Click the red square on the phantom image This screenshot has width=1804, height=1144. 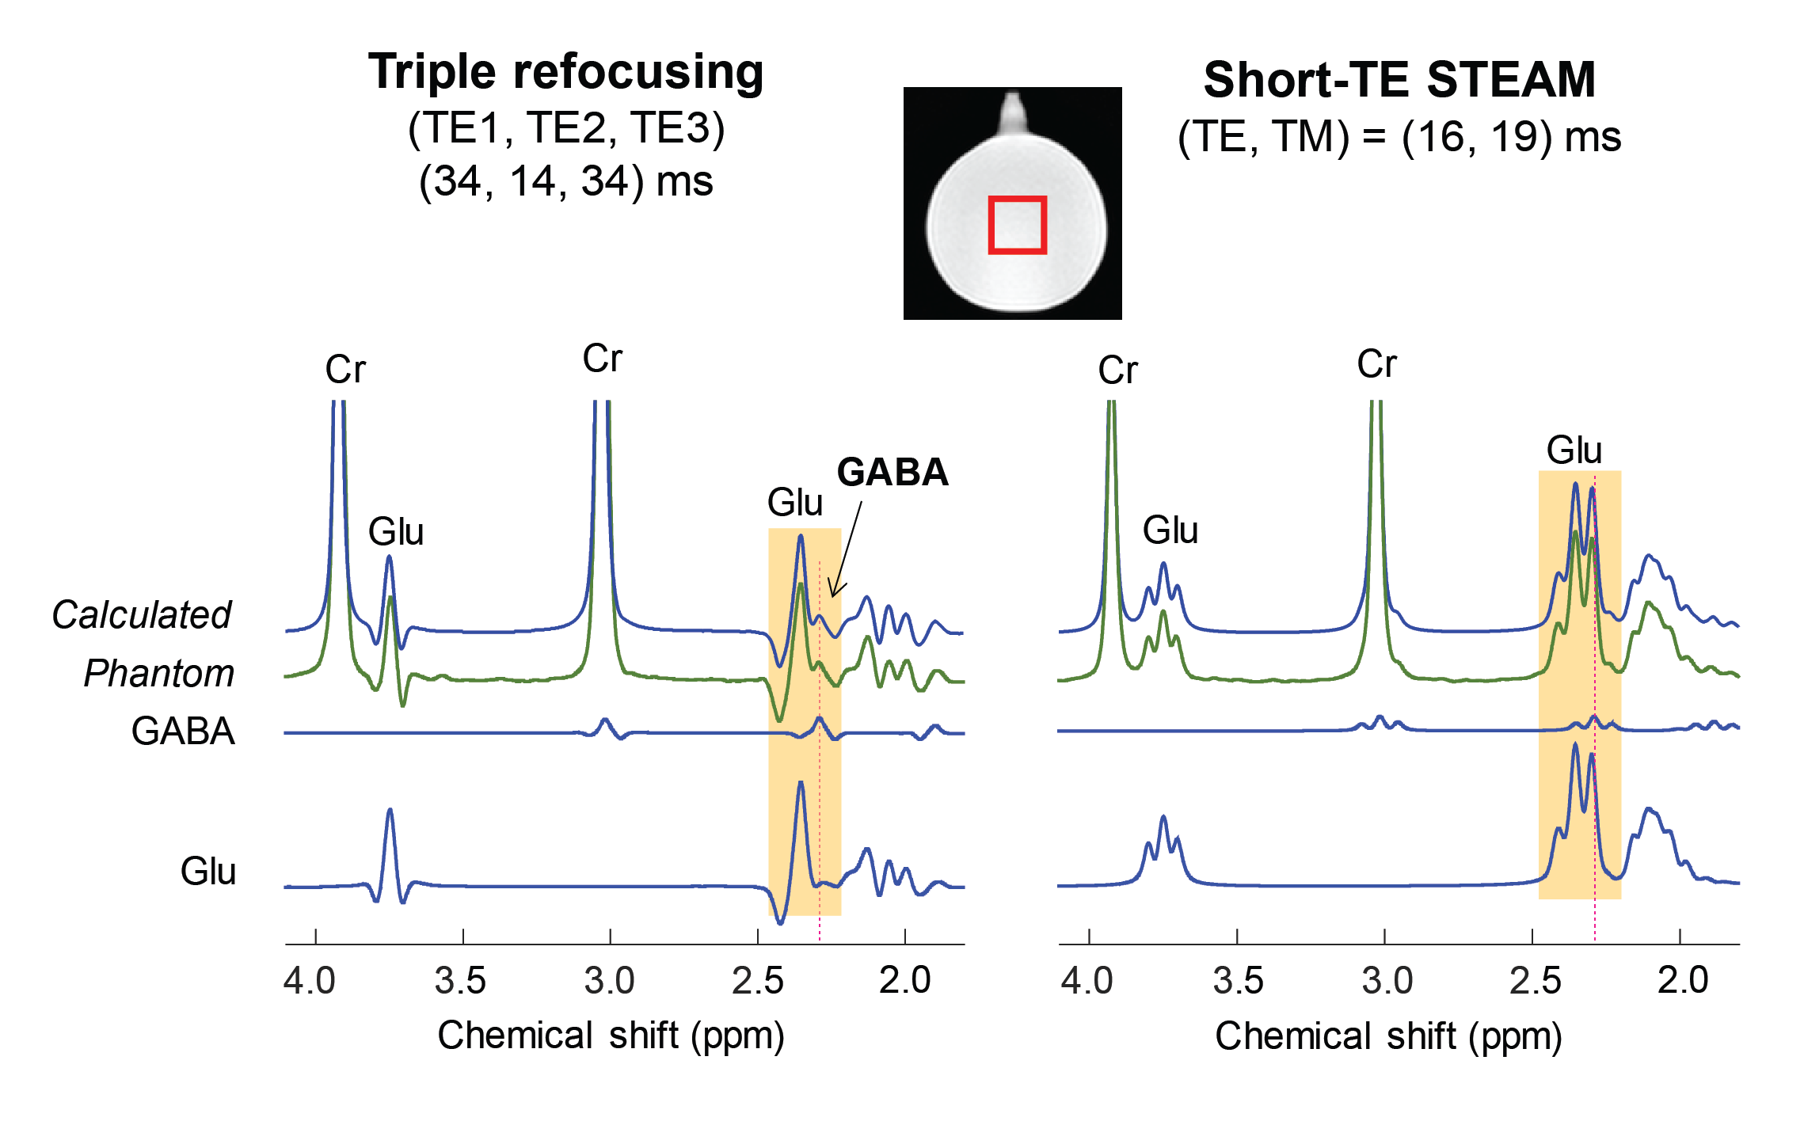click(1017, 226)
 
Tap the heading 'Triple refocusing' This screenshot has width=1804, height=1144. click(565, 72)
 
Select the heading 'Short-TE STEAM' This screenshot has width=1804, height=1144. click(1399, 80)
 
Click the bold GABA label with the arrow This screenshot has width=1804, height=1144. click(892, 473)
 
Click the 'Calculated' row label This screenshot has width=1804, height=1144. click(141, 615)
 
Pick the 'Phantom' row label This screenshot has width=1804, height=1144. click(158, 674)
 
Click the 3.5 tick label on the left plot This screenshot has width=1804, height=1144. click(460, 980)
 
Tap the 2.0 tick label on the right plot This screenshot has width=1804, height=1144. click(1683, 980)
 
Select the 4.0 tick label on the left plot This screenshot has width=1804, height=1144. click(310, 980)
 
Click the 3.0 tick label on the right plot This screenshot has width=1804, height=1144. click(1387, 980)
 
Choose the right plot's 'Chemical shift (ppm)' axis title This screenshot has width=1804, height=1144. click(1388, 1036)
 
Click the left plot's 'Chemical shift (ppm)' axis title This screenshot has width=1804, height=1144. click(611, 1036)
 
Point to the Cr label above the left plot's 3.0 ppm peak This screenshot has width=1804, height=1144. click(602, 359)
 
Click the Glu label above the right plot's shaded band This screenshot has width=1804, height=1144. click(1574, 450)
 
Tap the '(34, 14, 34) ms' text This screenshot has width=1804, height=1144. click(565, 181)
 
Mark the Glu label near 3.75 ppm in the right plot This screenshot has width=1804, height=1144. click(1170, 530)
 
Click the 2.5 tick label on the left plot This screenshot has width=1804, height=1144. click(757, 980)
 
